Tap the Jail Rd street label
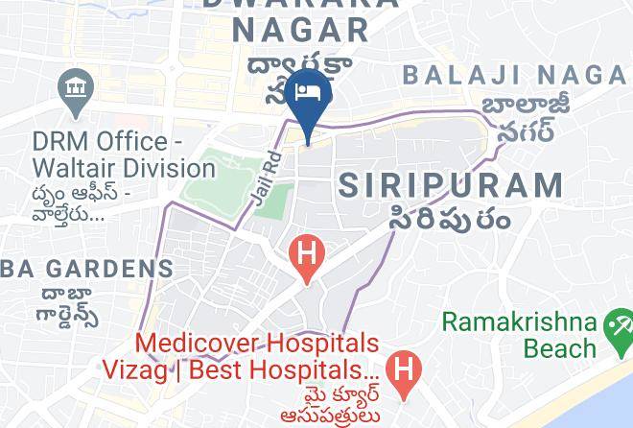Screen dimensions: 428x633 pos(268,176)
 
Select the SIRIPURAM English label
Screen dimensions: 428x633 pos(450,184)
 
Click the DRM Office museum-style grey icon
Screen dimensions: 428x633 pos(74,90)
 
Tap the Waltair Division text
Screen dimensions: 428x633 pos(123,168)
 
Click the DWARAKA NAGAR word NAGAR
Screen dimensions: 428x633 pos(300,29)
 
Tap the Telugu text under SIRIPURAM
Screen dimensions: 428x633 pos(449,217)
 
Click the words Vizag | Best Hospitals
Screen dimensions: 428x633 pos(236,369)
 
